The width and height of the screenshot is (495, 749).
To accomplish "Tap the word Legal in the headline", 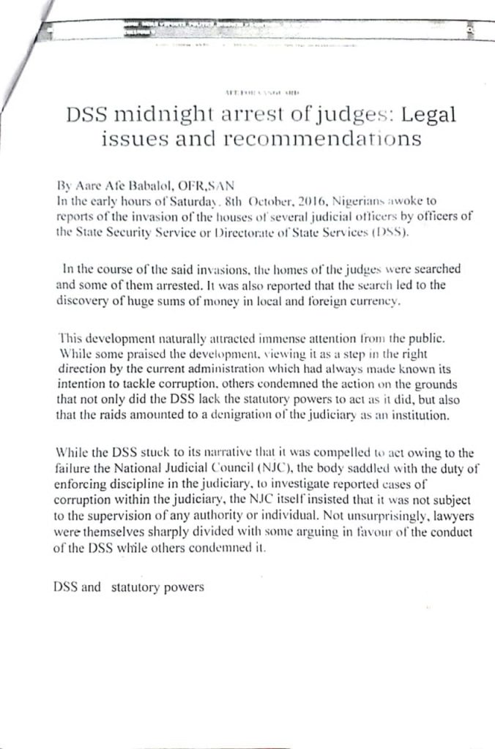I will [x=423, y=116].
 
